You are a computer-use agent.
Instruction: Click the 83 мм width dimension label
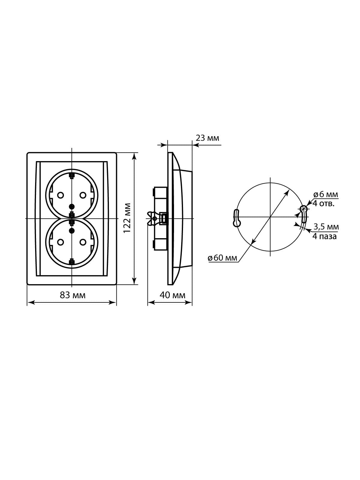click(73, 295)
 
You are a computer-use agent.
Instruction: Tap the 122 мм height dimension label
click(127, 218)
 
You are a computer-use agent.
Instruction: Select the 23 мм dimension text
click(207, 138)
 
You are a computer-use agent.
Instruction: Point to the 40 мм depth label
click(172, 295)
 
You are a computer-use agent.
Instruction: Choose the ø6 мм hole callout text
click(325, 194)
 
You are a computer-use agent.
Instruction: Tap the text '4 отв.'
click(323, 204)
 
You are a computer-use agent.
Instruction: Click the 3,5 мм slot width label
click(326, 227)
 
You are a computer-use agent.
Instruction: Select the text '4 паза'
click(324, 236)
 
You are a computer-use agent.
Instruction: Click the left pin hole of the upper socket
click(60, 195)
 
